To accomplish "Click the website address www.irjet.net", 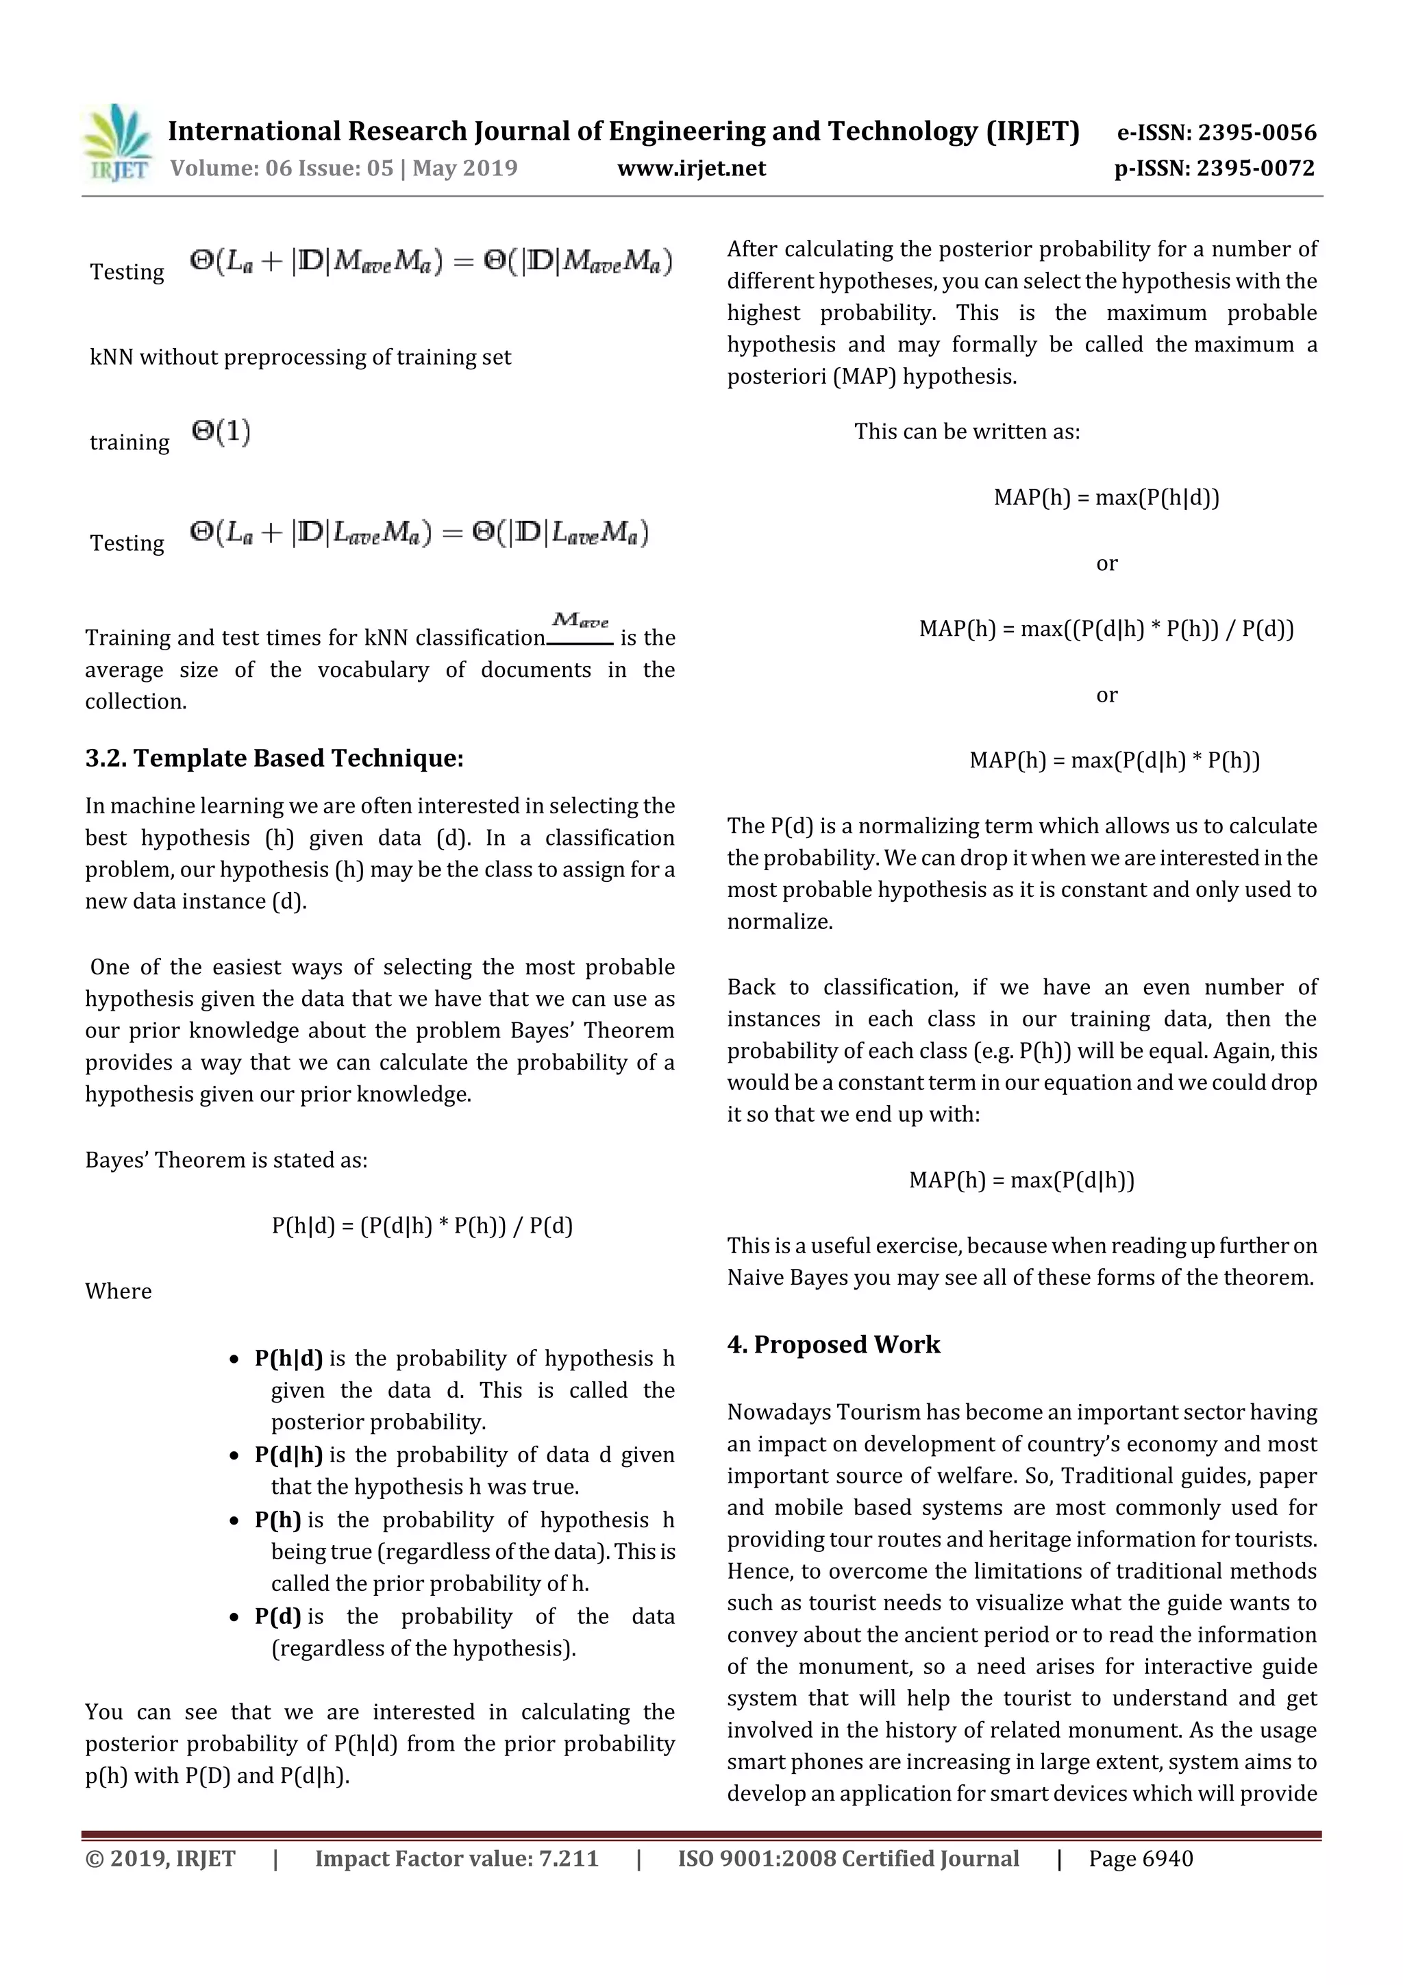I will point(691,168).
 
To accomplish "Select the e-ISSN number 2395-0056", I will point(1257,132).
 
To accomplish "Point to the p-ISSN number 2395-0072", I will point(1255,168).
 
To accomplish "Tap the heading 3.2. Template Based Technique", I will point(274,759).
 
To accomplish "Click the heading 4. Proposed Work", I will point(832,1344).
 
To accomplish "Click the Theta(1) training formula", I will point(221,432).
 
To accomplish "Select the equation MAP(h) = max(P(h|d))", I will point(1106,497).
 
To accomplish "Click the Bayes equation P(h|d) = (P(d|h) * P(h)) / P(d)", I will point(422,1225).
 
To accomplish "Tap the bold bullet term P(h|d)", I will point(288,1358).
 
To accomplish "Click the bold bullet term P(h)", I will point(277,1520).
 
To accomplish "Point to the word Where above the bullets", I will point(119,1291).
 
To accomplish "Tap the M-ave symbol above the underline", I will point(580,620).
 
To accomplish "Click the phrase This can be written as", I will point(967,432).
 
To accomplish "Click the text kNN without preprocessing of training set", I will point(300,357).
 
